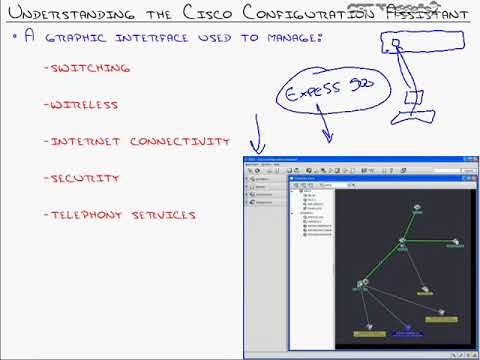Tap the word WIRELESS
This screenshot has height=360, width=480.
coord(86,104)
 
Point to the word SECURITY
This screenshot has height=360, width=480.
coord(85,179)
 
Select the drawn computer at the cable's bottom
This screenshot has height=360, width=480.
coord(413,100)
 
